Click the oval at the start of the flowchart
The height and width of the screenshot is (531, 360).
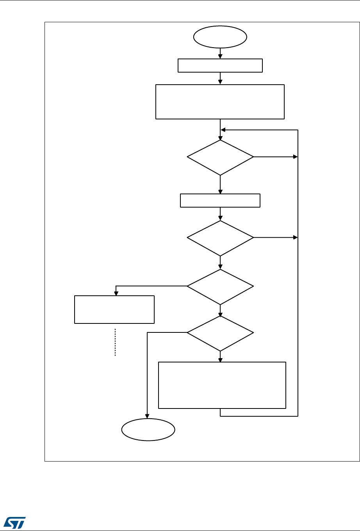click(220, 37)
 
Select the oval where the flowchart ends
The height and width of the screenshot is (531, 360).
click(148, 430)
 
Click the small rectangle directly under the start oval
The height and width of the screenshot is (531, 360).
click(220, 66)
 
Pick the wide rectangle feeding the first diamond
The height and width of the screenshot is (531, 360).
click(220, 101)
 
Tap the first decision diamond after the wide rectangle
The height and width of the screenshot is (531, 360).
click(220, 157)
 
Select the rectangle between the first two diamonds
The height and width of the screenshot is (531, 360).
click(220, 200)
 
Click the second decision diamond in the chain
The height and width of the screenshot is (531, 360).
click(220, 238)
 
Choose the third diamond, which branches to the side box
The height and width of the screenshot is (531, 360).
click(220, 286)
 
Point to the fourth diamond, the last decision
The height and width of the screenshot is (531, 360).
click(220, 333)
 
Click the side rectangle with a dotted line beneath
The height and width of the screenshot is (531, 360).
click(114, 309)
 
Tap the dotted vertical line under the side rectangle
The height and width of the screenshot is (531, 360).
click(116, 342)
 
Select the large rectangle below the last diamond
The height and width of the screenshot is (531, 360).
click(222, 385)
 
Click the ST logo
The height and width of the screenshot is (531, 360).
click(14, 521)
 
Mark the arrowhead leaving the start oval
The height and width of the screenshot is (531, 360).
click(220, 56)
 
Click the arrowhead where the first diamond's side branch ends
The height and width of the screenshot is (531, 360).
click(295, 157)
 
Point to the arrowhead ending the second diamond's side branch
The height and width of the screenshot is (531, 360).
click(295, 237)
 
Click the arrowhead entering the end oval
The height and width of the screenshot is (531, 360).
click(148, 416)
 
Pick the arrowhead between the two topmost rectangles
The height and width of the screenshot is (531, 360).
click(220, 82)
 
